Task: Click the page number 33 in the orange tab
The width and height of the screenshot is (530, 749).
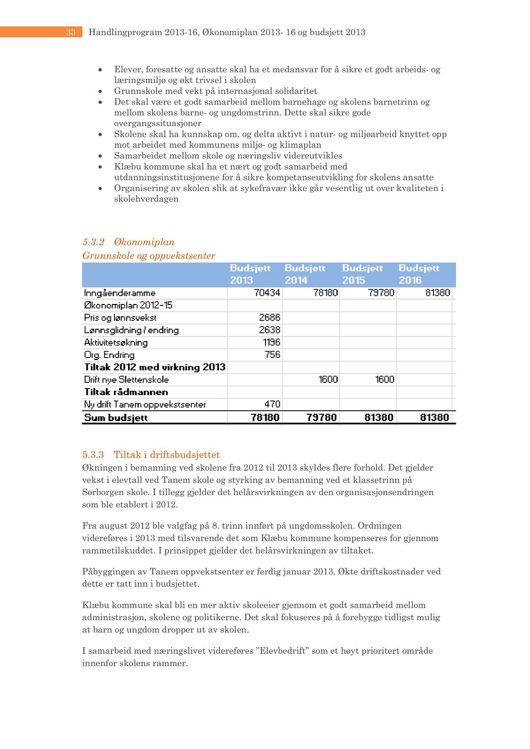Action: (x=70, y=32)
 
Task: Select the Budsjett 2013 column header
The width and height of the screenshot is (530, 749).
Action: (x=250, y=274)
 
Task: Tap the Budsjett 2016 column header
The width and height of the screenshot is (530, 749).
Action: (x=418, y=274)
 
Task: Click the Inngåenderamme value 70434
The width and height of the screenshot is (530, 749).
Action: (x=267, y=293)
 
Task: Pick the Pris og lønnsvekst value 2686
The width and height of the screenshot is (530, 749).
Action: (x=270, y=317)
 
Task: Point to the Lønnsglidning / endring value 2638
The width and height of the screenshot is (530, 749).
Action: (x=270, y=330)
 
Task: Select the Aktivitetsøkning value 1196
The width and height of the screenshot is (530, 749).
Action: (x=271, y=342)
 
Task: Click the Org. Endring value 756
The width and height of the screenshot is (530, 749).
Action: (x=272, y=354)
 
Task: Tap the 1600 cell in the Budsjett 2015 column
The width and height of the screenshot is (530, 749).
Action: (x=384, y=379)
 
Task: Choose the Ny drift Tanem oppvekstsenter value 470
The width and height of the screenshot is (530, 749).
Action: (x=272, y=404)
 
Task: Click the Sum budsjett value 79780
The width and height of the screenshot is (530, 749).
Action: (x=321, y=417)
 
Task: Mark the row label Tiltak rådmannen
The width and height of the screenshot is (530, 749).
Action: (x=126, y=392)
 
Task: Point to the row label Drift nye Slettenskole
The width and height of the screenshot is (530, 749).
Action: (x=126, y=380)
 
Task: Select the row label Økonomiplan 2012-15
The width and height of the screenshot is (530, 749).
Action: (x=128, y=305)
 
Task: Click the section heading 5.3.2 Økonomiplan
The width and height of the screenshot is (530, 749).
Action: (x=129, y=242)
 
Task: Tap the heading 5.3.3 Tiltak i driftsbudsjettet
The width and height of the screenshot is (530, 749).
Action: (x=151, y=455)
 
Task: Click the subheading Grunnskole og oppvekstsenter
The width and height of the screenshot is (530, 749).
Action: (x=149, y=255)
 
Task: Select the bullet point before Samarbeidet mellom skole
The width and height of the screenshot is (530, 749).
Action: (x=100, y=156)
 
